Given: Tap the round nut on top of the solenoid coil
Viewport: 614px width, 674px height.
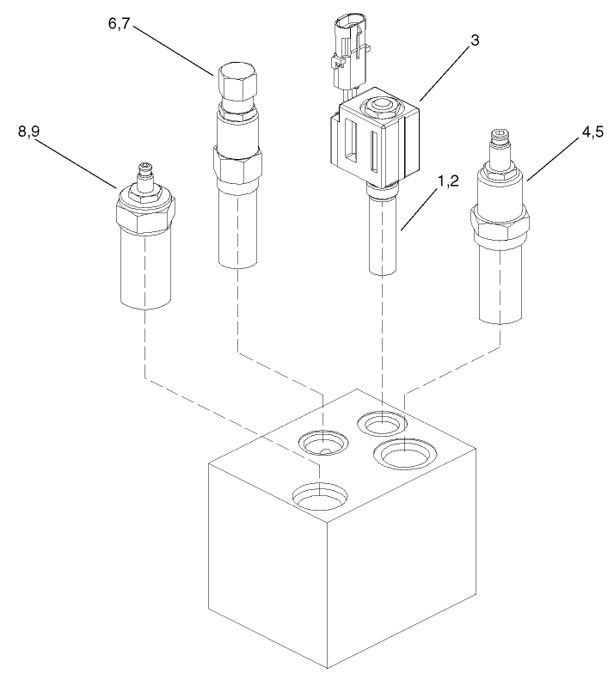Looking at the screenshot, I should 379,107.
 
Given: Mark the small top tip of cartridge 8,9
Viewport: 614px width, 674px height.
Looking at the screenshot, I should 146,172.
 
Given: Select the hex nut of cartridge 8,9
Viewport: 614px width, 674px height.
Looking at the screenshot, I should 145,209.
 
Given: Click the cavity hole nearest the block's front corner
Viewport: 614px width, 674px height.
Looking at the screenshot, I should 320,496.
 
